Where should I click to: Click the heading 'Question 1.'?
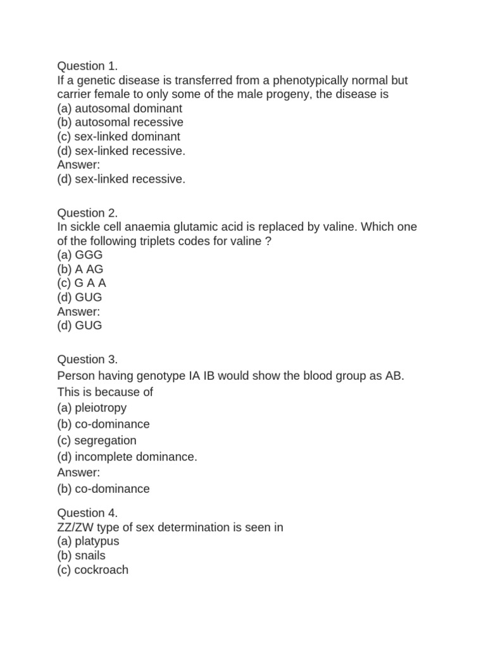pyautogui.click(x=88, y=66)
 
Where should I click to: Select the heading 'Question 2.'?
pyautogui.click(x=88, y=213)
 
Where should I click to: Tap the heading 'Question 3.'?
pyautogui.click(x=88, y=360)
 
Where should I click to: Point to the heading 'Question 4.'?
pyautogui.click(x=88, y=512)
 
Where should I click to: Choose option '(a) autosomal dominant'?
pyautogui.click(x=120, y=108)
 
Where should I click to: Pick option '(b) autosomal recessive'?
pyautogui.click(x=120, y=122)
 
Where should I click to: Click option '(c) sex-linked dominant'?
pyautogui.click(x=119, y=136)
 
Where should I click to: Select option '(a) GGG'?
pyautogui.click(x=80, y=255)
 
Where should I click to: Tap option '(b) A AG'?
pyautogui.click(x=80, y=269)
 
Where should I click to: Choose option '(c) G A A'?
pyautogui.click(x=82, y=283)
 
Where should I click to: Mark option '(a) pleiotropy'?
pyautogui.click(x=92, y=408)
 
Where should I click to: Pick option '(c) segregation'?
pyautogui.click(x=97, y=440)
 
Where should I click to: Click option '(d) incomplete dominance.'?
pyautogui.click(x=127, y=457)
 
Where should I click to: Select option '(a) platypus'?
pyautogui.click(x=88, y=541)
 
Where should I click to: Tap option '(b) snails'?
pyautogui.click(x=82, y=555)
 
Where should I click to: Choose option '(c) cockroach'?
pyautogui.click(x=93, y=570)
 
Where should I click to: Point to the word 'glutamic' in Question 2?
pyautogui.click(x=192, y=227)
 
